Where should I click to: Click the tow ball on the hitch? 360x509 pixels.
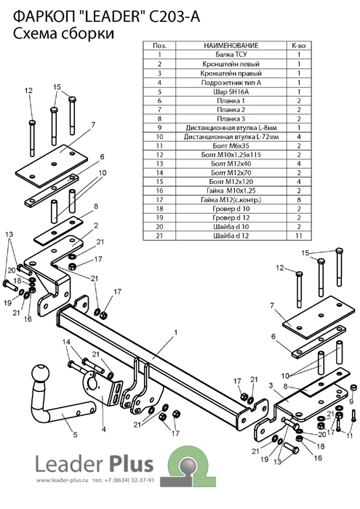point(41,373)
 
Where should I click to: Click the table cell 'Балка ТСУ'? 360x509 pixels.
point(231,55)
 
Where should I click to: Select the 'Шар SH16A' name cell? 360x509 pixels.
point(231,92)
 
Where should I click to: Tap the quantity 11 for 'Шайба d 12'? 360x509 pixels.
point(299,236)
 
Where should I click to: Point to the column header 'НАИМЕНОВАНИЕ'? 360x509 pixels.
point(231,45)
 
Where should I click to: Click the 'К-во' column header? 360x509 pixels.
point(299,45)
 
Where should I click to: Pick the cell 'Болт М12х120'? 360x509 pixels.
point(231,182)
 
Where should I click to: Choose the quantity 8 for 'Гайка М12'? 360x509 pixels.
point(299,200)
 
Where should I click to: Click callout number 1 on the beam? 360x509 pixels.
point(175,332)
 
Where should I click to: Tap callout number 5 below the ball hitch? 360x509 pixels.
point(75,434)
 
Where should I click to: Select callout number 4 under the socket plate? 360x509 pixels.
point(103,429)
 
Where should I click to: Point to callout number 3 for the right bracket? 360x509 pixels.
point(271,385)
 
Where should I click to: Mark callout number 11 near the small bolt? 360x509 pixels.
point(349,436)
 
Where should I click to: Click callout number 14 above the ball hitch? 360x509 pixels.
point(66,342)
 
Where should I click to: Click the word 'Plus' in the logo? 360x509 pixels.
point(131,464)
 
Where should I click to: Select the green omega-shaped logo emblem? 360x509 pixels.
point(188,467)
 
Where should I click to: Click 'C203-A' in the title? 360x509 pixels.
point(174,17)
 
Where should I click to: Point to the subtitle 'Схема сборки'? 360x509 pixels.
point(63,33)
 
